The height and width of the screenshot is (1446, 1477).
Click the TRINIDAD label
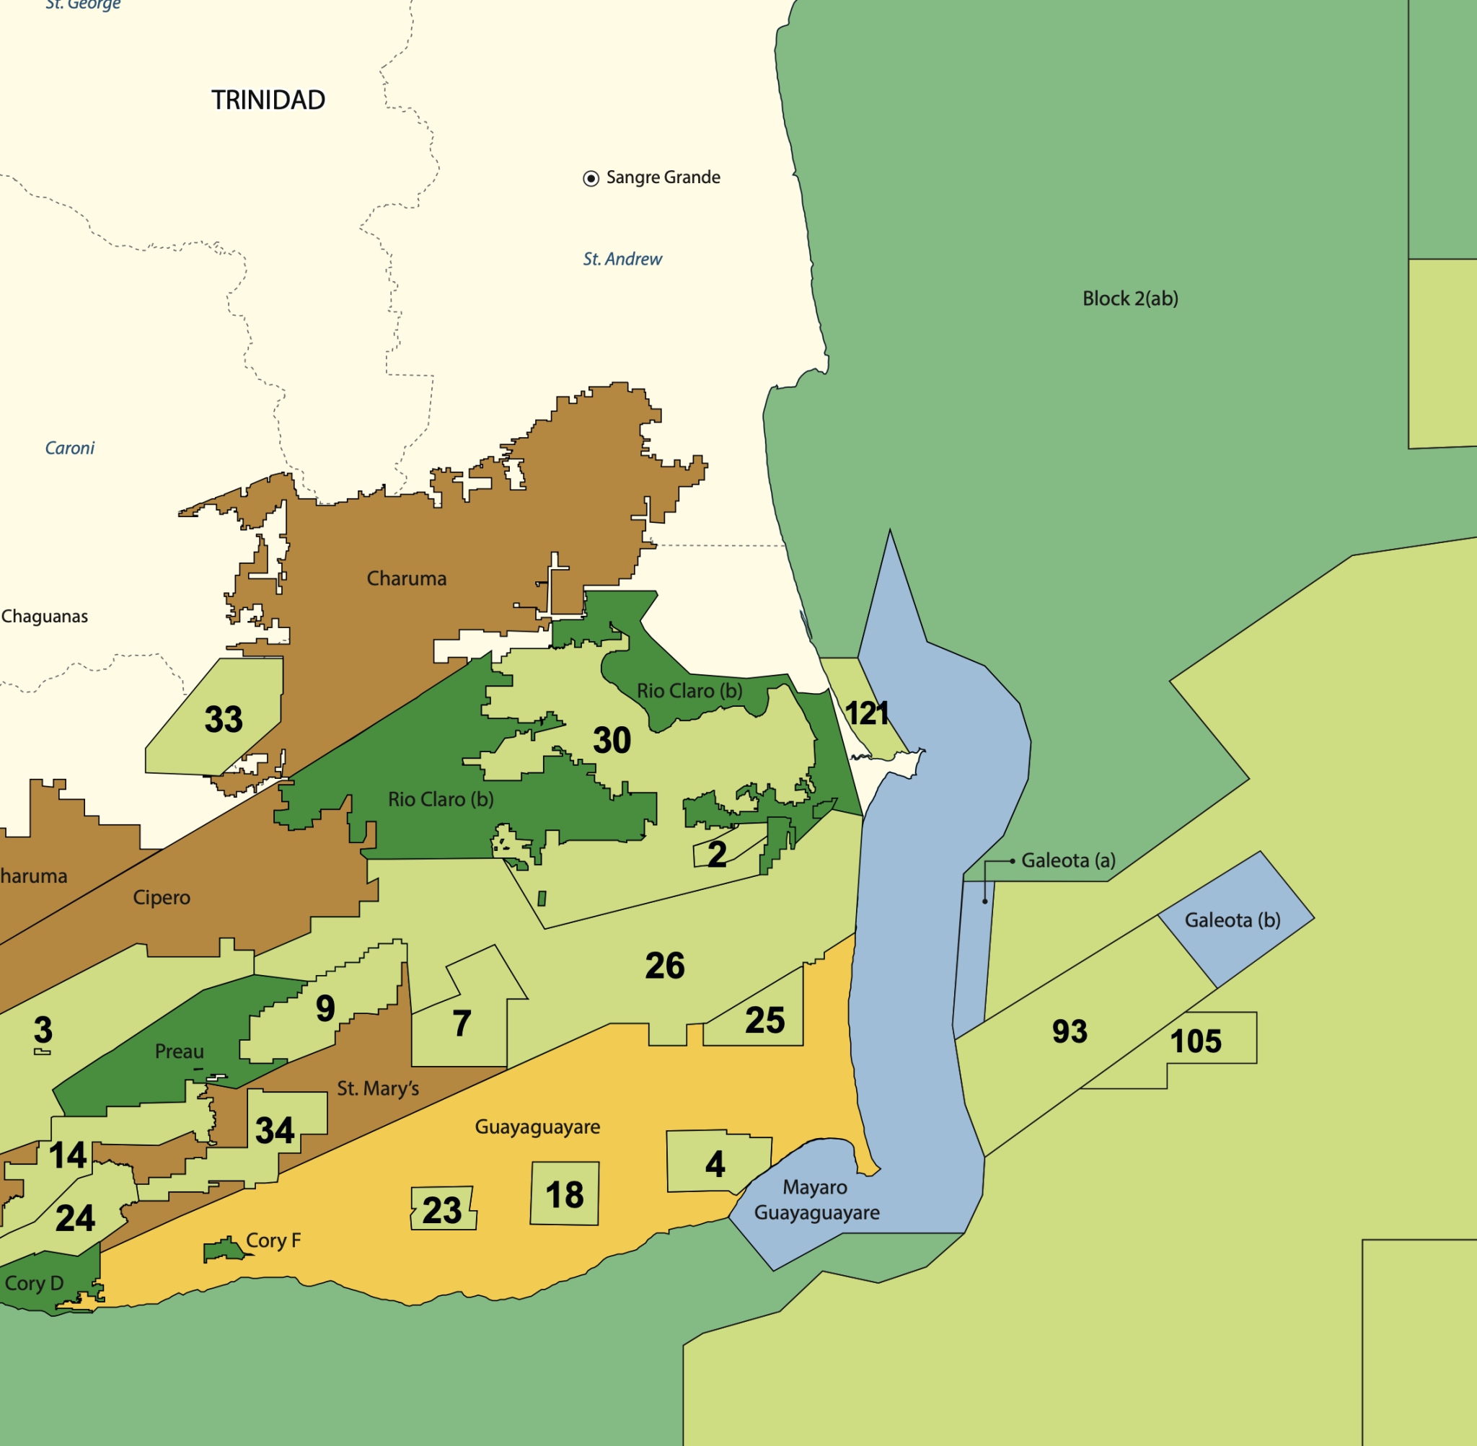268,100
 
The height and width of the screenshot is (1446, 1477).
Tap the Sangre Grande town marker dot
591,178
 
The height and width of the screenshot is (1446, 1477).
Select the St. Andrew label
622,259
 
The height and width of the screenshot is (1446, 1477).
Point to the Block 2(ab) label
1130,299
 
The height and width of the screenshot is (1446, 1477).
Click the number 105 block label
1195,1041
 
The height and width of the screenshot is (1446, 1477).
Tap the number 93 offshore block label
1070,1031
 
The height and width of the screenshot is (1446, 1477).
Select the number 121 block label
865,713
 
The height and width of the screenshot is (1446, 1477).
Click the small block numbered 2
716,855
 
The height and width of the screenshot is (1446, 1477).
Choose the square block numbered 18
564,1194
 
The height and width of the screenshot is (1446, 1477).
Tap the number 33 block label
224,719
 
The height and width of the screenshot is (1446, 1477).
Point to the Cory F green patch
224,1249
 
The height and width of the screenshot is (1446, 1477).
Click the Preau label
179,1051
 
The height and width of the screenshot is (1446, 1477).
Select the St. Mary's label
377,1088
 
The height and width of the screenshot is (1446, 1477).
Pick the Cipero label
161,897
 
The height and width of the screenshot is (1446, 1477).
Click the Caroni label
70,448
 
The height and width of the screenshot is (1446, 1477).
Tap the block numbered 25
764,1020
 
